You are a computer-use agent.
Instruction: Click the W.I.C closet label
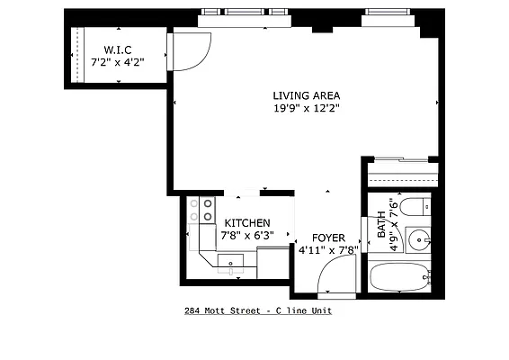[x=119, y=49]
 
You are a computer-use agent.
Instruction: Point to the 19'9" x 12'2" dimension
[x=307, y=108]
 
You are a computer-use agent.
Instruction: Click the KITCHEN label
[x=247, y=222]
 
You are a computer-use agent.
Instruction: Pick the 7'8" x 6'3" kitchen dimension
[x=247, y=235]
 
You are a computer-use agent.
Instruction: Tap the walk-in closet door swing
[x=191, y=52]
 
